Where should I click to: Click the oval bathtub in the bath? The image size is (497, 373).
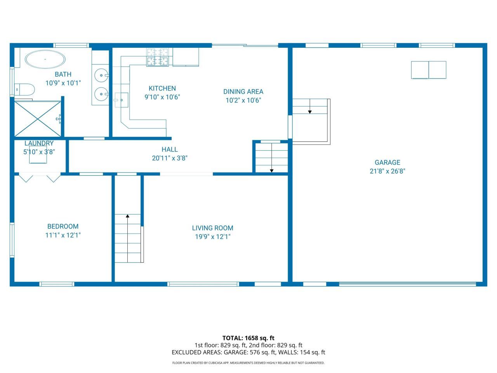pos(45,59)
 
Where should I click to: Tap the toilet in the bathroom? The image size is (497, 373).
pos(24,90)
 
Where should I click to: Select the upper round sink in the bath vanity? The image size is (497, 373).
pos(101,75)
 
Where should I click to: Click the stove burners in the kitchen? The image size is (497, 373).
pos(158,57)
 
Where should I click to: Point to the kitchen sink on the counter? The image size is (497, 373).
pos(122,100)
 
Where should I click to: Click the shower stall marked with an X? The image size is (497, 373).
pos(38,119)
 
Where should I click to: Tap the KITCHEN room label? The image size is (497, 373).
pos(162,88)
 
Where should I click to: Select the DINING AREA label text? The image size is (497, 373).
pos(243,92)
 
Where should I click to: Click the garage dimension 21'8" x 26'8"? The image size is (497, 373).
pos(388,171)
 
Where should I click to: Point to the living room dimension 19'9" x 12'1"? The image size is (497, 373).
pos(213,237)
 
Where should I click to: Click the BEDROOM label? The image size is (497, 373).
pos(63,227)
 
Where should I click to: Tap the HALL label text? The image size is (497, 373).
pos(170,150)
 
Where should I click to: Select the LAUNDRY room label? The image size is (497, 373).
pos(39,143)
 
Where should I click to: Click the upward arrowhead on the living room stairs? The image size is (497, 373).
pos(127,216)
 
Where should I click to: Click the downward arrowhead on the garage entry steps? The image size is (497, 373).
pos(310,112)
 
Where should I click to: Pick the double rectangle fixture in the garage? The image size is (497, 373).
pos(429,70)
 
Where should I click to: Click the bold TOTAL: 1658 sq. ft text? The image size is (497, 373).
pos(248,338)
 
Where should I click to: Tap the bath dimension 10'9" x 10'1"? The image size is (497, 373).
pos(63,83)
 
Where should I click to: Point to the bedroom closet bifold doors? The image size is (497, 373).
pos(40,178)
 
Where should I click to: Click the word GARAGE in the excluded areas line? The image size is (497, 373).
pos(235,352)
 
